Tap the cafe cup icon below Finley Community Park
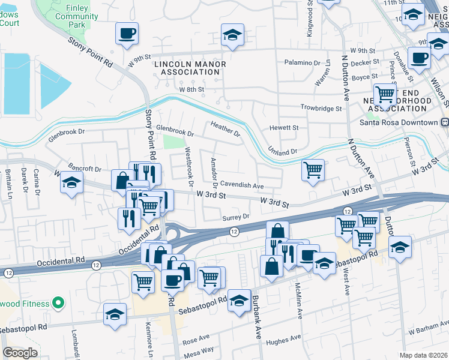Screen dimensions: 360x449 [x=127, y=34]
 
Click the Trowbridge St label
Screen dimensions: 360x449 [x=321, y=109]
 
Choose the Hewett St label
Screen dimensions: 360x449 [x=283, y=128]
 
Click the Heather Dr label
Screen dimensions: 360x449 [x=225, y=128]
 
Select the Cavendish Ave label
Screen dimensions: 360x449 [x=242, y=186]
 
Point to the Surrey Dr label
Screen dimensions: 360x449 [x=235, y=217]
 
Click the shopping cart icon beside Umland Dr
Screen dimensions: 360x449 [x=313, y=170]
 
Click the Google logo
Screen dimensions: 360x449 [x=20, y=352]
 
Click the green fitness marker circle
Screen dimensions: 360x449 [x=58, y=304]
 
